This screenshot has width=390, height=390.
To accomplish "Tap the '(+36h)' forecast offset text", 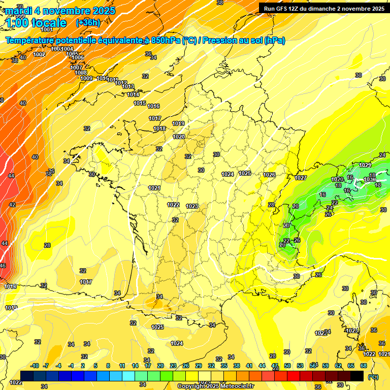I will click(x=88, y=22).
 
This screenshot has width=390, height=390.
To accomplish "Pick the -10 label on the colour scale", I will click(x=35, y=366).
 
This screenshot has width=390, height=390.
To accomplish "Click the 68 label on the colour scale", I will click(x=364, y=366).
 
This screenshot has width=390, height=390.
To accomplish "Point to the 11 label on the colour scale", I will click(x=122, y=366).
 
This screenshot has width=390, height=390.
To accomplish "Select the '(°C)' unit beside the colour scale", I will click(x=373, y=377).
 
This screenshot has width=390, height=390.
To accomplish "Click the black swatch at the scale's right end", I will click(x=357, y=376).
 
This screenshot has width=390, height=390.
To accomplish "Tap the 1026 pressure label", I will click(x=269, y=175).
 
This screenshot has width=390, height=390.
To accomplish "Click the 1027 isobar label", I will click(x=301, y=178).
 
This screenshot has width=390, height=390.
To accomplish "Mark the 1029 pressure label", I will click(x=365, y=165).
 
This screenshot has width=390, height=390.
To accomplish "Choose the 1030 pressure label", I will click(x=370, y=179).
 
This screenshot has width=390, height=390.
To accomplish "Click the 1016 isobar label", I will click(x=153, y=106).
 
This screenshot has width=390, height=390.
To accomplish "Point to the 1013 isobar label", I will click(x=128, y=86).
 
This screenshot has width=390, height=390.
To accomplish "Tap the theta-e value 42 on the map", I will click(x=12, y=205).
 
